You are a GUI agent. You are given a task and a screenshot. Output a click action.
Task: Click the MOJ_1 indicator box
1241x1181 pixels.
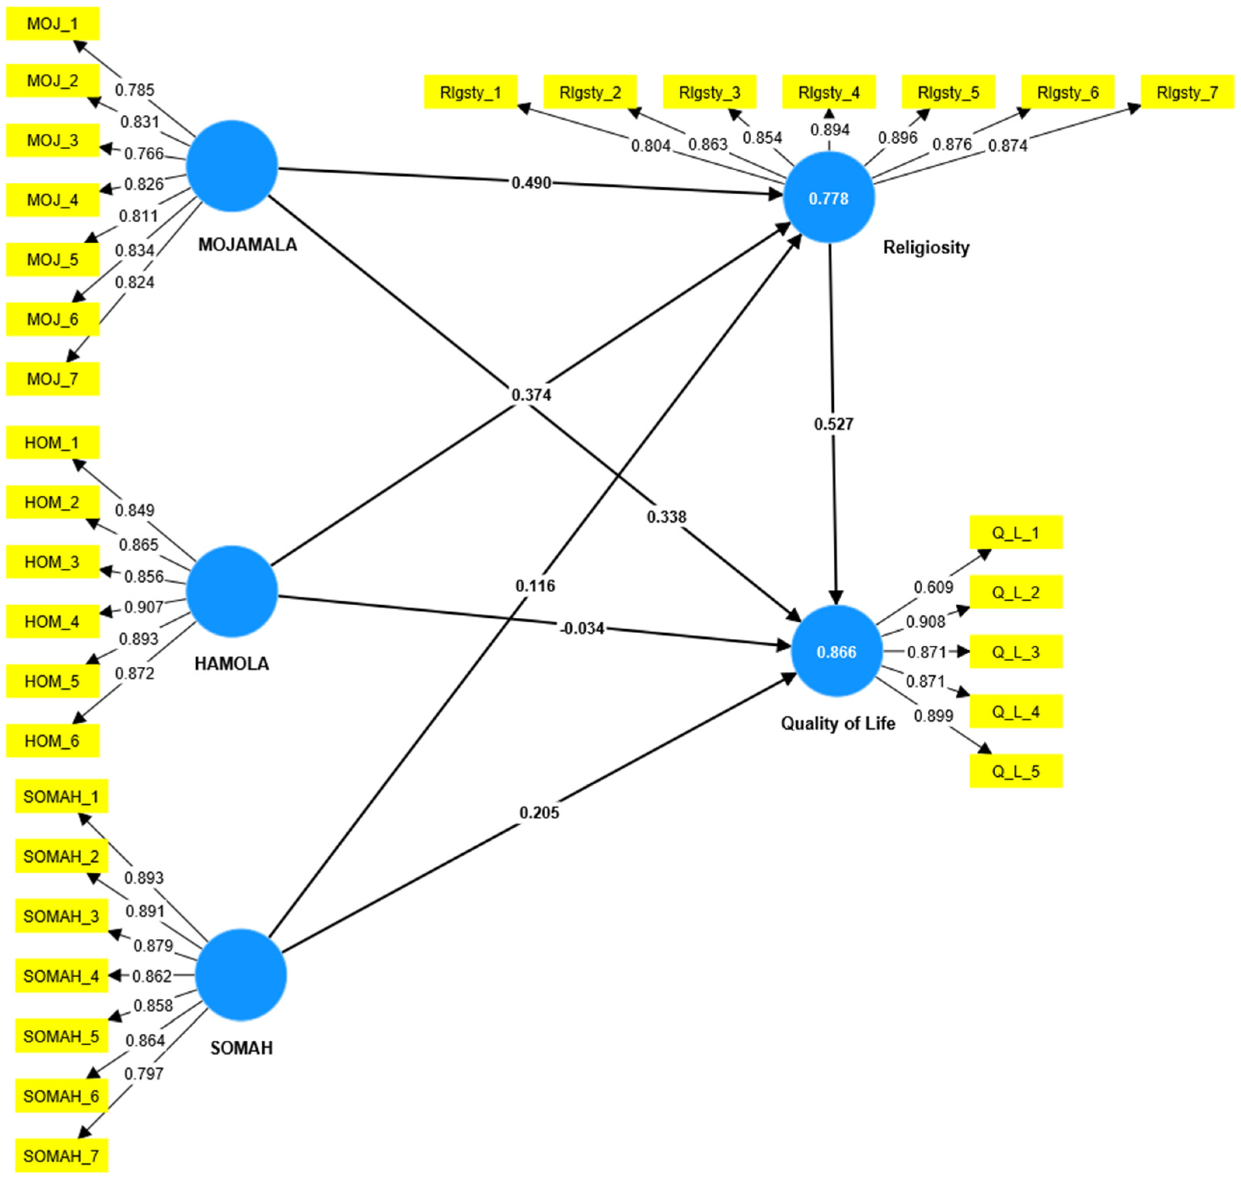pyautogui.click(x=53, y=24)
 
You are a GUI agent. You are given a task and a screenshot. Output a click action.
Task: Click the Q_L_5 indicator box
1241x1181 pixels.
pyautogui.click(x=1016, y=771)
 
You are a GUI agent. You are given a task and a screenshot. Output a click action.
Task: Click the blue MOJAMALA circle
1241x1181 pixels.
pyautogui.click(x=232, y=166)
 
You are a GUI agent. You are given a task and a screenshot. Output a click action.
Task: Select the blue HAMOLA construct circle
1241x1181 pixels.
pyautogui.click(x=232, y=591)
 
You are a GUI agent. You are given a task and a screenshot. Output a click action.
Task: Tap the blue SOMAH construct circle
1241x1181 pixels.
pyautogui.click(x=241, y=975)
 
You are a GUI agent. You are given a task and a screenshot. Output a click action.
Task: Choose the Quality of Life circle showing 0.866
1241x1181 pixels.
pyautogui.click(x=837, y=652)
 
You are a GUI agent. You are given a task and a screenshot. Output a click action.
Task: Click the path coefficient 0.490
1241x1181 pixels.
pyautogui.click(x=531, y=183)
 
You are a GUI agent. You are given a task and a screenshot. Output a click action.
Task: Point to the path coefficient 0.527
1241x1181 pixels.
pyautogui.click(x=833, y=424)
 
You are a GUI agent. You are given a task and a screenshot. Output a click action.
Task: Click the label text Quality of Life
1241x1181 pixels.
pyautogui.click(x=838, y=723)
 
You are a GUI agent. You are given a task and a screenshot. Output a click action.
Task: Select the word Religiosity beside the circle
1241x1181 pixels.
pyautogui.click(x=926, y=247)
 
